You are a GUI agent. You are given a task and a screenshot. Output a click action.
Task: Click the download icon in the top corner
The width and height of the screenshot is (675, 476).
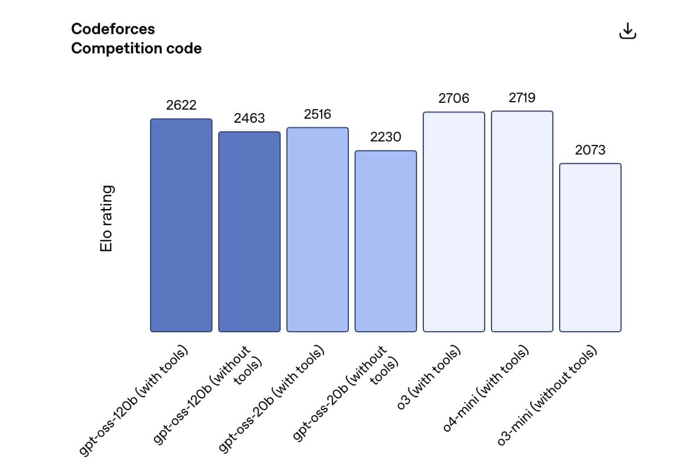pos(627,32)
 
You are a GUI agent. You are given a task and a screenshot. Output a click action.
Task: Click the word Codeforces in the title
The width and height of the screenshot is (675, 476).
pos(113,29)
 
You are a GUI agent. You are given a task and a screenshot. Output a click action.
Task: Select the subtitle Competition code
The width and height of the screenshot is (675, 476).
pos(136,48)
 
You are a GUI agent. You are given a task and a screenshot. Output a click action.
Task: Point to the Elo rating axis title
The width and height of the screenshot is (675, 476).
pos(106,218)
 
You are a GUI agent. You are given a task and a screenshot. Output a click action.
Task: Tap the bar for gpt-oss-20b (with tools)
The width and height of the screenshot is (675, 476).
pos(318,229)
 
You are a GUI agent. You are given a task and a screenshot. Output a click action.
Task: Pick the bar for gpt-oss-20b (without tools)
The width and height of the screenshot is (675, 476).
pos(386,241)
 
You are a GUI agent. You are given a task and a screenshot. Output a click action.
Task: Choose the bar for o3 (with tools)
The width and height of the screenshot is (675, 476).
pos(454,222)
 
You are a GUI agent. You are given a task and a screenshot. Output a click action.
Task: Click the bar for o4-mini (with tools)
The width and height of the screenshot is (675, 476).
pos(522,221)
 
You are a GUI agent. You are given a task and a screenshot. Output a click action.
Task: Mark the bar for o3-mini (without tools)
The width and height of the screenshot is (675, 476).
pos(590,248)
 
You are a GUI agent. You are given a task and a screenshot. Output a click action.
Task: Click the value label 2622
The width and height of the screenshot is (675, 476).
pos(181,105)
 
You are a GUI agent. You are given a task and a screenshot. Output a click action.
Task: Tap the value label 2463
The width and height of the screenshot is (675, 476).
pos(249,118)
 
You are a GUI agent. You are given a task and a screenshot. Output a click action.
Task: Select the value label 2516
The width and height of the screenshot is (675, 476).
pos(318,114)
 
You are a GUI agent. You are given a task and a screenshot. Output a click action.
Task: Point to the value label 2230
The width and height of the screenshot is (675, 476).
pos(386,137)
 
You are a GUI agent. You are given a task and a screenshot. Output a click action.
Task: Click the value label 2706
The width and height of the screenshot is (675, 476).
pos(454,98)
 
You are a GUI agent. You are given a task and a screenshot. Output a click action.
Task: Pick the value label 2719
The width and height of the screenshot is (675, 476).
pos(522,98)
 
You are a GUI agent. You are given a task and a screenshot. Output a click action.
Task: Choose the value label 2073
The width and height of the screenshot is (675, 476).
pos(590,150)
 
